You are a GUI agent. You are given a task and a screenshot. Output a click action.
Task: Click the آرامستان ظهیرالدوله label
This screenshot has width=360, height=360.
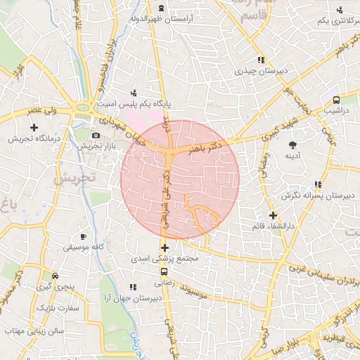tap(179, 21)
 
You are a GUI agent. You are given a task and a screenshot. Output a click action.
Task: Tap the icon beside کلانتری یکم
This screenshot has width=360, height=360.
tap(341, 9)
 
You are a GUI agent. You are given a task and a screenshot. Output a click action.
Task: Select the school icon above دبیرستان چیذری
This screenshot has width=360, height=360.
tap(261, 60)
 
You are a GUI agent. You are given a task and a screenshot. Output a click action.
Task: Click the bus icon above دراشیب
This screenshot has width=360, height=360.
tap(336, 100)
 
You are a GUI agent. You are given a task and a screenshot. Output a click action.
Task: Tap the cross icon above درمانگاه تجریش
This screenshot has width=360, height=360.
tap(33, 127)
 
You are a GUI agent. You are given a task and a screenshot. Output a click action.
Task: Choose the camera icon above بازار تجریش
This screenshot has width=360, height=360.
tap(96, 134)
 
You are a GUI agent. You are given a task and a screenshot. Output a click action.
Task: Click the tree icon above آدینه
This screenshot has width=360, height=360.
tap(292, 144)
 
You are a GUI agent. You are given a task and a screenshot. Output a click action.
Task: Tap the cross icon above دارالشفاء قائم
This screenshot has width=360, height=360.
tap(274, 215)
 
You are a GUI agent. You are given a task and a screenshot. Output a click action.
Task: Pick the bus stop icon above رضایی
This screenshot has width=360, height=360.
tap(164, 271)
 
